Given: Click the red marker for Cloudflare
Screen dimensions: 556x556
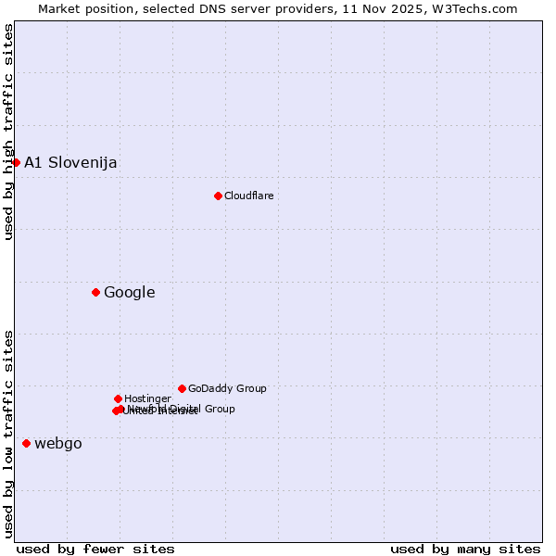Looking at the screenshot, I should click(218, 196).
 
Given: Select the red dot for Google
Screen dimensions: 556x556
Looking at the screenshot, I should click(95, 293).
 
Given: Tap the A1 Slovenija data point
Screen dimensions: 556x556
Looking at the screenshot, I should click(16, 162).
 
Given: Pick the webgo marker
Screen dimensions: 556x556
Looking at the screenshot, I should click(26, 443).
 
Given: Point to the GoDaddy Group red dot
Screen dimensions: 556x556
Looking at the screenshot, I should click(182, 388).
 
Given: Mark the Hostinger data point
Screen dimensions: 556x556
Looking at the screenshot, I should click(118, 398).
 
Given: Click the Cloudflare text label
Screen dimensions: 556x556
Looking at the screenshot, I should click(248, 196).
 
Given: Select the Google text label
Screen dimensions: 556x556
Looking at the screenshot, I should click(129, 293).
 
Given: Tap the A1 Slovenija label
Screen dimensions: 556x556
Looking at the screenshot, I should click(70, 162).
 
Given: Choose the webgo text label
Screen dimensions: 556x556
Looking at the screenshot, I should click(57, 443).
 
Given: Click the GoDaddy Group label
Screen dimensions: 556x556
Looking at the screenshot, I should click(227, 388).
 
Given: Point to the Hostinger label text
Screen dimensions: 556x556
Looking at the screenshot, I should click(147, 398).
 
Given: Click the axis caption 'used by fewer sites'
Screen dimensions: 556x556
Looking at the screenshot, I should click(95, 549).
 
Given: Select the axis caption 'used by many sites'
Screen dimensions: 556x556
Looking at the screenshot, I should click(465, 549).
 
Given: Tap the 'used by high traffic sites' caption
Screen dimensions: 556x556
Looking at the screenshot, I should click(8, 132).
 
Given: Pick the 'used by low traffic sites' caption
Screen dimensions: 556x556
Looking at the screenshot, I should click(8, 434).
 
